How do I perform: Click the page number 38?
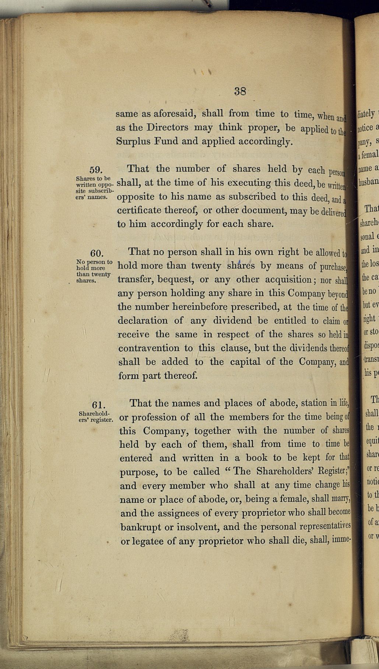pos(240,91)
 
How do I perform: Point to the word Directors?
pos(169,127)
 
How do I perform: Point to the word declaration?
pos(143,321)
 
